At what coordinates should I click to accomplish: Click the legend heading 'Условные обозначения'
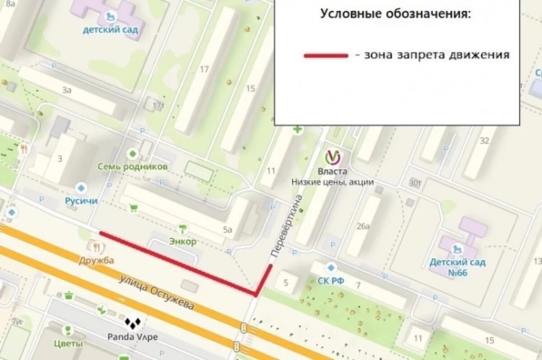point(395,14)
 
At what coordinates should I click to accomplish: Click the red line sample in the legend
point(326,56)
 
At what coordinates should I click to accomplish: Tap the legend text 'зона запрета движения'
point(437,55)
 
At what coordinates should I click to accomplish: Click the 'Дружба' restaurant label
point(96,260)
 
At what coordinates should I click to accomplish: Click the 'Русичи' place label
point(81,201)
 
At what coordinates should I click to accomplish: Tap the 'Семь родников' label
point(133,166)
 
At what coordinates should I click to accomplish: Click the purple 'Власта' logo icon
point(333,157)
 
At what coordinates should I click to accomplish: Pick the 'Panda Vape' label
point(133,337)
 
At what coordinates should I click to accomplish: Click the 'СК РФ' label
point(331,281)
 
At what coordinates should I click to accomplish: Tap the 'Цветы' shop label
point(68,344)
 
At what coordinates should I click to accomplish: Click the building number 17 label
point(204,69)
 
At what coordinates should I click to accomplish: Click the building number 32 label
point(485,140)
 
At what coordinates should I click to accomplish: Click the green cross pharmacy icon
point(297,130)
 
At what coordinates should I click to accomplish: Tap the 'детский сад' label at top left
point(110,30)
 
